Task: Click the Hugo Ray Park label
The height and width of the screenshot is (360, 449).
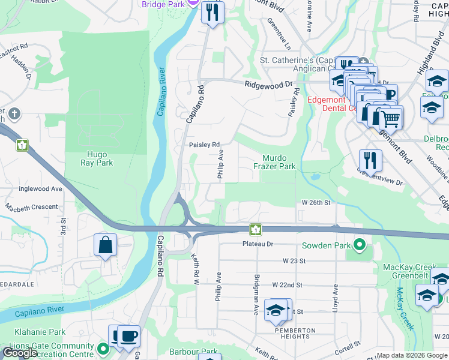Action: [x=97, y=158]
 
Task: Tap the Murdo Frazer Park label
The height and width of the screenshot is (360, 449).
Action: [x=274, y=162]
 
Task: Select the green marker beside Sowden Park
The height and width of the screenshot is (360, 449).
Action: [x=359, y=245]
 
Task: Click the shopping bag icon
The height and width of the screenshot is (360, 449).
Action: [x=105, y=245]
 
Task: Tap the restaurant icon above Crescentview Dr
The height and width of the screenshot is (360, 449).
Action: [x=370, y=160]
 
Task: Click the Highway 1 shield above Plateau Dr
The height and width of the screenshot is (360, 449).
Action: [x=256, y=229]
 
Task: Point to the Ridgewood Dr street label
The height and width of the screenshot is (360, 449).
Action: [x=268, y=85]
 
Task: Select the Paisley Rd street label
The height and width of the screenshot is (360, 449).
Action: [x=204, y=145]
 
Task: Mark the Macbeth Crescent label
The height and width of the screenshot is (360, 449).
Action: [x=31, y=207]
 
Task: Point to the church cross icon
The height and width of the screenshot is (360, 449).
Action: [x=14, y=113]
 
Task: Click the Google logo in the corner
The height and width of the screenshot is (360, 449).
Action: [x=20, y=353]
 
